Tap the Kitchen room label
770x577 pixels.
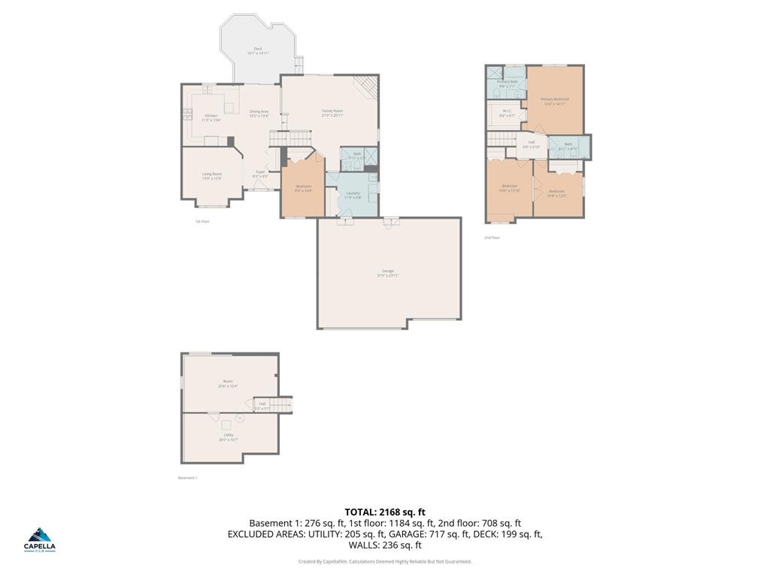pos(211,117)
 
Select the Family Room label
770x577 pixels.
pos(332,113)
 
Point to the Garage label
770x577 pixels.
pos(388,273)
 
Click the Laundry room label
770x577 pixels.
pos(353,195)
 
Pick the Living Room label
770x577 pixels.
pos(211,176)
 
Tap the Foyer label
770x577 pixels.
pos(260,174)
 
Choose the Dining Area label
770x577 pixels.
pos(259,113)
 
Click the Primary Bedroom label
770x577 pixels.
pos(554,101)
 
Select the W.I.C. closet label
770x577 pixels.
pos(508,113)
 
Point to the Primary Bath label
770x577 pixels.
pos(508,83)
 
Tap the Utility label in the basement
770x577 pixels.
pos(228,437)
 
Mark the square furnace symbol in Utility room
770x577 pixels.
pos(226,424)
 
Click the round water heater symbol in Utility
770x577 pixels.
pos(240,418)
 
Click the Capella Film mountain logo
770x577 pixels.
pos(41,536)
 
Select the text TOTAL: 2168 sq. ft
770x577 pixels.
pos(385,512)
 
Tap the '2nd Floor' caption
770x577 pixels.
pos(493,237)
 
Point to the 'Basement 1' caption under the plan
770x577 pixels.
pos(187,478)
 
